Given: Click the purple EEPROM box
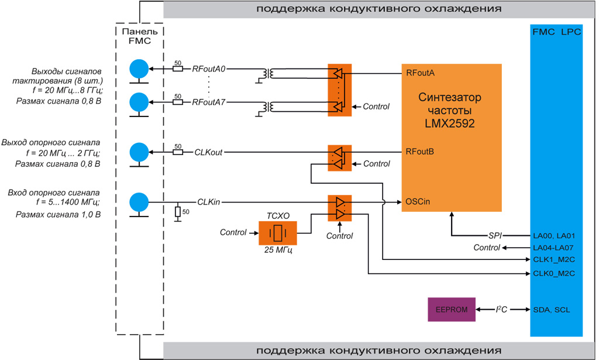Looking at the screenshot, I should [452, 310].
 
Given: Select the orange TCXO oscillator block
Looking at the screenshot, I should [277, 233].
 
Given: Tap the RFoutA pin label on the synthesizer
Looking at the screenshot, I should [420, 73].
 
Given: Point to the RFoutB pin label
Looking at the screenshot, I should [420, 152].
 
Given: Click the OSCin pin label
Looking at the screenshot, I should [418, 202].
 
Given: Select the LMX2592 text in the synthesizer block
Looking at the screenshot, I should [452, 124].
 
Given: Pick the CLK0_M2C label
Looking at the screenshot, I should [553, 273].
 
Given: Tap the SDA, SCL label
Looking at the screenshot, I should [551, 310].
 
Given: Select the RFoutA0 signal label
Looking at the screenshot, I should [209, 69].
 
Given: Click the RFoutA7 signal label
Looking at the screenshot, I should [209, 102].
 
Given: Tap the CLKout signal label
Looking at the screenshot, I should [208, 152].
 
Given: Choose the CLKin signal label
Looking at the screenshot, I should [209, 203].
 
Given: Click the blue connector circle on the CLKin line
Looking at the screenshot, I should [139, 203].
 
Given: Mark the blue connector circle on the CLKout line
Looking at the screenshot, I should [139, 152].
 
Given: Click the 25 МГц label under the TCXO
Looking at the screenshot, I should [277, 251].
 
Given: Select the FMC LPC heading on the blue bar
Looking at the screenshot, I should [556, 32].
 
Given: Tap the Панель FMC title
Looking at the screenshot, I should [139, 36].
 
